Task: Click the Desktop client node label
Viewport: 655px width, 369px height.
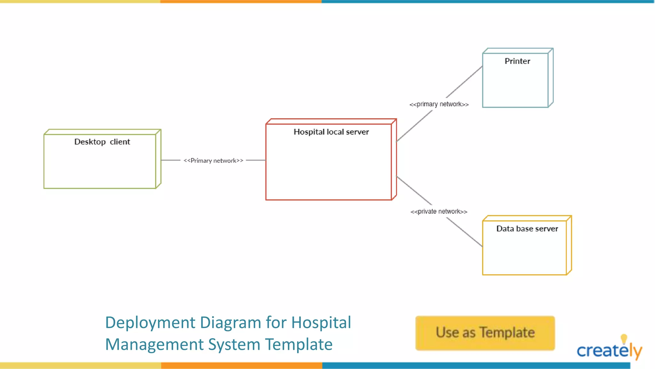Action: point(102,142)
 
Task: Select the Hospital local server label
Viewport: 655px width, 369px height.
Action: point(331,132)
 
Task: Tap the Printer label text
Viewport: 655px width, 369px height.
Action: point(517,61)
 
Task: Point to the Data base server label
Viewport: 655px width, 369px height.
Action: point(527,228)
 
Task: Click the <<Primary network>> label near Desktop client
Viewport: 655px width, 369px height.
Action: point(213,160)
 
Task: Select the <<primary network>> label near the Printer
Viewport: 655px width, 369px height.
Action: point(439,104)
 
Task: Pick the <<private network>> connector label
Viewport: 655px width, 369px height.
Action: point(439,211)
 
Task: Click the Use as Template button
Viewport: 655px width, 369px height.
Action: point(485,333)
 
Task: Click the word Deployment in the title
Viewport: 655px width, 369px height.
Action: point(150,323)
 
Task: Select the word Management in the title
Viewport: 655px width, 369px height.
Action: point(154,344)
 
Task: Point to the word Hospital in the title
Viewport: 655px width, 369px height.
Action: point(321,323)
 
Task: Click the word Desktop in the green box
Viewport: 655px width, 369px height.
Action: point(90,142)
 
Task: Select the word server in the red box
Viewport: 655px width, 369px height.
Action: point(357,132)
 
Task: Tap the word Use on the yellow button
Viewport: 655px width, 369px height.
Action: point(447,332)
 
